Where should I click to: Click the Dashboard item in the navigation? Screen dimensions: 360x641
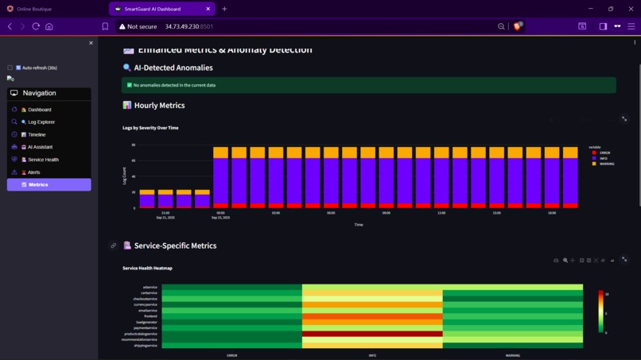[x=39, y=110]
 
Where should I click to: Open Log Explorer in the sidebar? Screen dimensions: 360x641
[x=41, y=122]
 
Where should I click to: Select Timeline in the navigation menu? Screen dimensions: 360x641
[x=37, y=135]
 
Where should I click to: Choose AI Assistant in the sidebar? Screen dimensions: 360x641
[x=40, y=147]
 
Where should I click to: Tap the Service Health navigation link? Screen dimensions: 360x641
[x=43, y=160]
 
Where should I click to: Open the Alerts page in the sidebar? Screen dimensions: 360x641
[x=33, y=172]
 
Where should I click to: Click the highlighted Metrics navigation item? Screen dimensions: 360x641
[x=49, y=184]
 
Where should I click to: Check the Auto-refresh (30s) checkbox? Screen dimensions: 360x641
[x=10, y=68]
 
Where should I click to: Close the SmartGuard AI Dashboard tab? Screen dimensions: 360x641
[x=208, y=9]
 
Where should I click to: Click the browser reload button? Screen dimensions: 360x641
[x=36, y=26]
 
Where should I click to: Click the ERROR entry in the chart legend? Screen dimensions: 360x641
[x=604, y=153]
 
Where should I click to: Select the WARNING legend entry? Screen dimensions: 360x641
[x=606, y=164]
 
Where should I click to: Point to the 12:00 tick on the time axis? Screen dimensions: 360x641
[x=441, y=213]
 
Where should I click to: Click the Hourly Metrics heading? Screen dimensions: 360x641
[x=159, y=105]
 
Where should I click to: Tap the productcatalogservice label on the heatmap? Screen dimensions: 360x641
[x=142, y=334]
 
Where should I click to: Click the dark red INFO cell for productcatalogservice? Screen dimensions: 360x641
[x=372, y=334]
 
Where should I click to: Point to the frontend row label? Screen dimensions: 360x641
[x=150, y=316]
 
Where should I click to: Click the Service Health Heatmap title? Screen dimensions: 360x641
[x=147, y=269]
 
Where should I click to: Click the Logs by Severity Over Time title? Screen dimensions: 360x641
[x=150, y=128]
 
